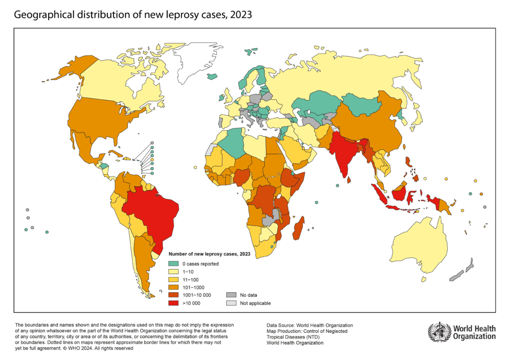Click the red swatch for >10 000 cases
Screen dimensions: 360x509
pyautogui.click(x=173, y=303)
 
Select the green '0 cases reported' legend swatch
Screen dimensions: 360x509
pyautogui.click(x=173, y=264)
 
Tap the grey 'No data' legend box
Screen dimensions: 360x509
pyautogui.click(x=231, y=295)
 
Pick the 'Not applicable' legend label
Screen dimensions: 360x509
pyautogui.click(x=255, y=303)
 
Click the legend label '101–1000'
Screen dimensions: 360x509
pyautogui.click(x=193, y=287)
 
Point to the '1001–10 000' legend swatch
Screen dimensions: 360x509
pyautogui.click(x=173, y=295)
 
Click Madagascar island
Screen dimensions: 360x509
pyautogui.click(x=299, y=231)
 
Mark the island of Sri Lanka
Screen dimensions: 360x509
pyautogui.click(x=349, y=180)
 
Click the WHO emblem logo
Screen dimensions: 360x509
pyautogui.click(x=439, y=332)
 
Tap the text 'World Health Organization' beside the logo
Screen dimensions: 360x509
pyautogui.click(x=474, y=332)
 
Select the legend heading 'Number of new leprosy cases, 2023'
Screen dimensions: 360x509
pyautogui.click(x=209, y=254)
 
